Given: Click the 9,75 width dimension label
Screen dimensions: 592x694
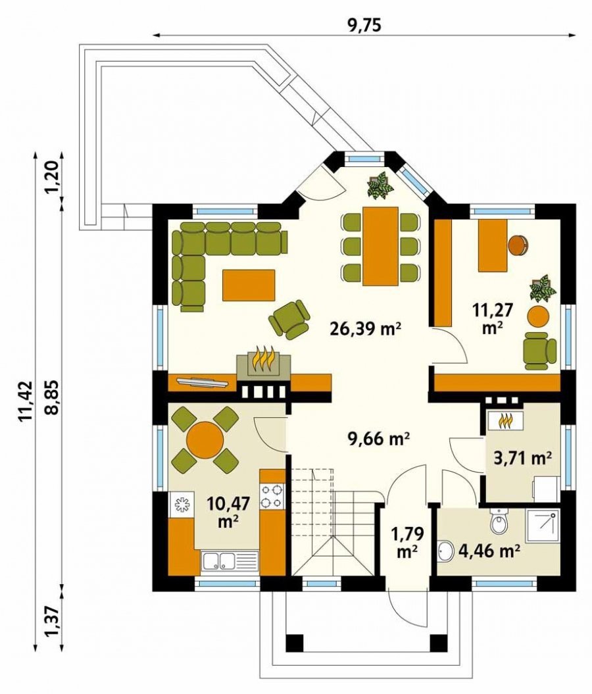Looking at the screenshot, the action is (364, 26).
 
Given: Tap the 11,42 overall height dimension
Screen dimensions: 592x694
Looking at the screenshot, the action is (26, 400).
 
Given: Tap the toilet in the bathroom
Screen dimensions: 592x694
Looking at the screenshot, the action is (499, 521).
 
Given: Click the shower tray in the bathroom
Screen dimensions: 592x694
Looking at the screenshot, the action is (542, 525).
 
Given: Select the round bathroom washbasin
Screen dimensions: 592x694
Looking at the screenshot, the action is (447, 551).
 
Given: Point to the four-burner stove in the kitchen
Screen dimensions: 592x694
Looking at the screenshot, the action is (271, 496).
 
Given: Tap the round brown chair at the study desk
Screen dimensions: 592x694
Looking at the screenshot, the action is (517, 245).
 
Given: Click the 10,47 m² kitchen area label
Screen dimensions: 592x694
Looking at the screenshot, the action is (228, 512).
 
